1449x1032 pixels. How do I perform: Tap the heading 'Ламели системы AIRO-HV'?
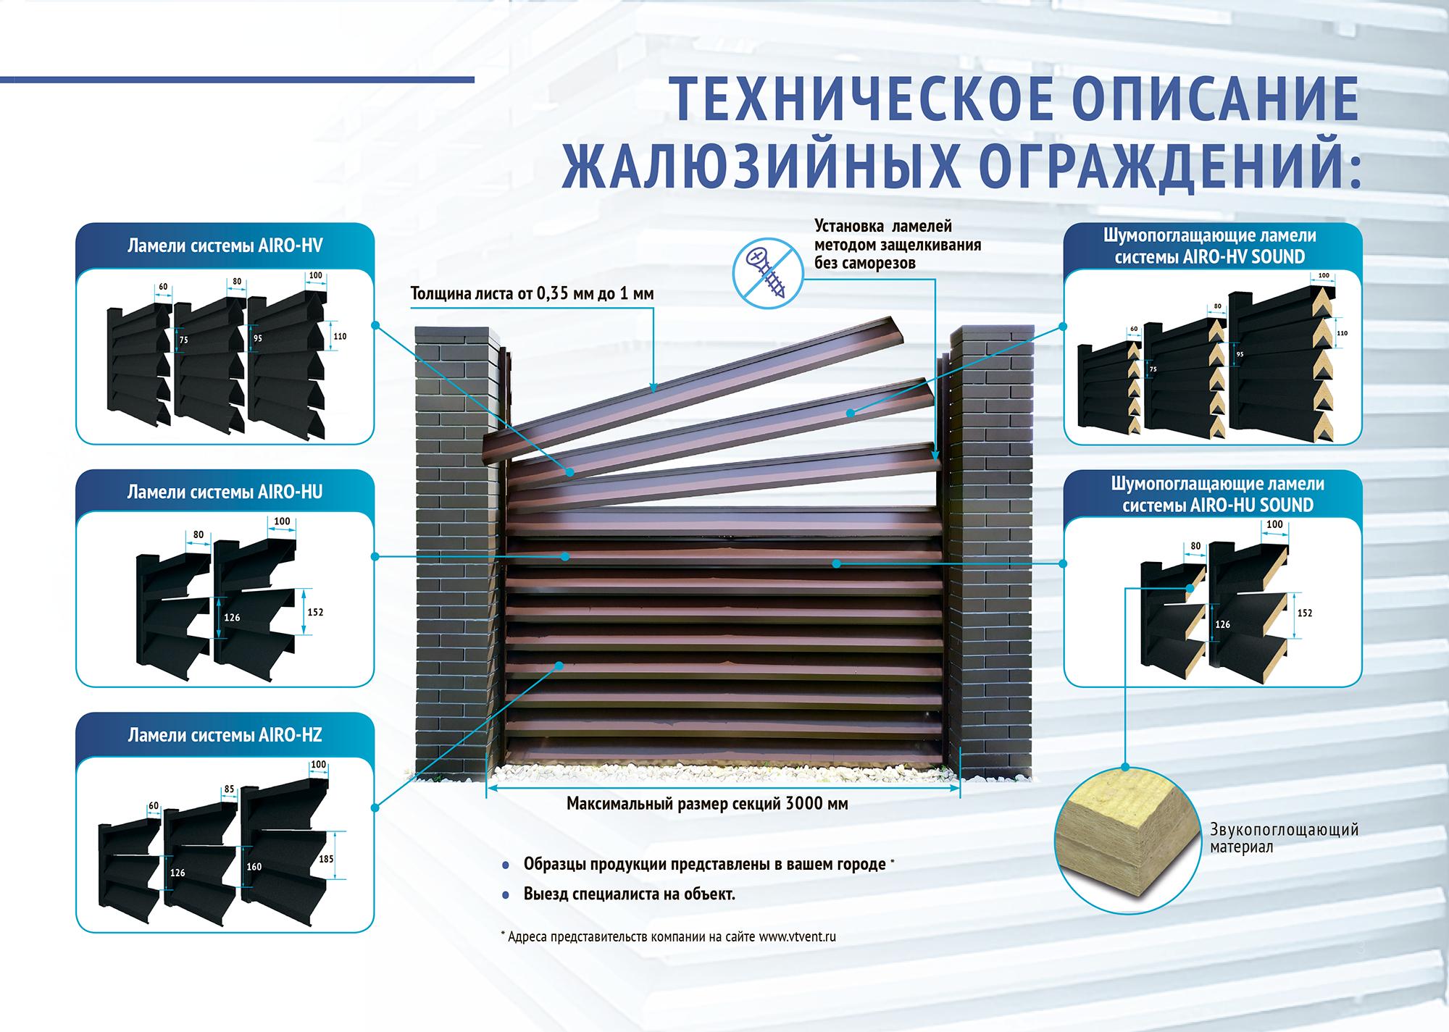(x=225, y=246)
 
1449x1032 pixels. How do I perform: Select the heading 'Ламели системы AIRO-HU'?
(x=225, y=492)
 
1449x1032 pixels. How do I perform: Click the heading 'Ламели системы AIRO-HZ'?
(x=225, y=736)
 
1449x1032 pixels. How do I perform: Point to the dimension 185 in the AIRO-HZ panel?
(x=326, y=859)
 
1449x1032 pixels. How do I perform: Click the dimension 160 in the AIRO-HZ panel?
(x=254, y=867)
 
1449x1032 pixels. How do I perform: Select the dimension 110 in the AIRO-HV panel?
(x=339, y=336)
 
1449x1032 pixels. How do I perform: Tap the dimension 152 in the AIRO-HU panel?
(x=315, y=612)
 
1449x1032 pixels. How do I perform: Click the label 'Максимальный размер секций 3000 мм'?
(x=707, y=803)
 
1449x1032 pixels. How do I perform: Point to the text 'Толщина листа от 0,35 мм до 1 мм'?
(x=533, y=293)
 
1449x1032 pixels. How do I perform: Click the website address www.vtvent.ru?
(x=798, y=936)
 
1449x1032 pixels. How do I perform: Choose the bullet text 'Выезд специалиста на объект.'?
(x=629, y=894)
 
